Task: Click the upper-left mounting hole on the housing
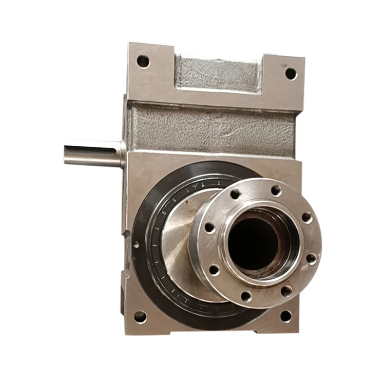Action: coord(143,62)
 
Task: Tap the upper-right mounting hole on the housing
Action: coord(291,73)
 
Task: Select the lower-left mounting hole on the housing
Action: coord(140,316)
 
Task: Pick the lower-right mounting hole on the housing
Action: coord(286,316)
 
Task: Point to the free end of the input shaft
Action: coord(66,154)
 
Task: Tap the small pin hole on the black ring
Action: coord(136,245)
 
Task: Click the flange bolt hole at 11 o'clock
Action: coord(235,194)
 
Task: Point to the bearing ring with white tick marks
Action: coord(154,257)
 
